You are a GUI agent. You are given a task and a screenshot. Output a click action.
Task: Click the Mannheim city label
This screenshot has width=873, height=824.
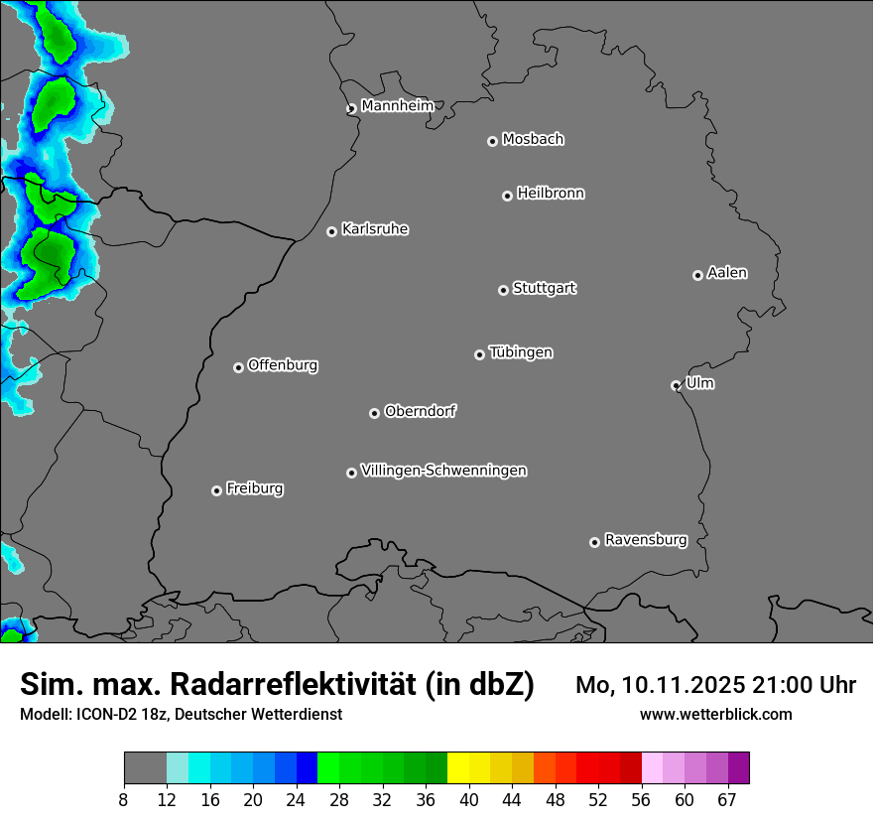tap(397, 105)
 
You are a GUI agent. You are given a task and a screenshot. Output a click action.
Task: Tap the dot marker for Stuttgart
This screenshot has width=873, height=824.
tap(503, 290)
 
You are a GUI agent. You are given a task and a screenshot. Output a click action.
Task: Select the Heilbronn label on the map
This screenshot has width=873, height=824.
tap(551, 193)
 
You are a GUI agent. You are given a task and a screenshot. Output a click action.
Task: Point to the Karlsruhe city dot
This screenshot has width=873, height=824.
tap(331, 231)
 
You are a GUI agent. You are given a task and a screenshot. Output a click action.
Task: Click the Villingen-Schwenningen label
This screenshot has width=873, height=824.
tap(443, 470)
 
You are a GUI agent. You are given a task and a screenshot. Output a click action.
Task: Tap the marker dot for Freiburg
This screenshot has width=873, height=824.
tap(216, 490)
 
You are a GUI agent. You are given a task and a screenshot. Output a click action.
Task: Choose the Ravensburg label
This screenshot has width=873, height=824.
tap(645, 540)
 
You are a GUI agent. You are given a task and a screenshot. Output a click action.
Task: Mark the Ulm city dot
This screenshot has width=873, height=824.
tap(676, 385)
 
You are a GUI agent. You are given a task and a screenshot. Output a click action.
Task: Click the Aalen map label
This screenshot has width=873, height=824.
tap(727, 272)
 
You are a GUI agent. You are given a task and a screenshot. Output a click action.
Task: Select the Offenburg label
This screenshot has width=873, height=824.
tap(283, 364)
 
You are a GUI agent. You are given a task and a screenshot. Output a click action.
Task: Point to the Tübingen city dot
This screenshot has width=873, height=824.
tap(479, 354)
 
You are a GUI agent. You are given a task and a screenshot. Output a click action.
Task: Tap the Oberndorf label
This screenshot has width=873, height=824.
tap(420, 410)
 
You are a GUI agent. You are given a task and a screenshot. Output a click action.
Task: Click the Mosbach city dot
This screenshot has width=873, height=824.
tap(492, 141)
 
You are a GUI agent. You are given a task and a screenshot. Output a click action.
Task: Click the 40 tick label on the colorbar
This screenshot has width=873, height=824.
tap(468, 800)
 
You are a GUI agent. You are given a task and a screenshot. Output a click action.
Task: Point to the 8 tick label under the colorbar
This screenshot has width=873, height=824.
tap(124, 800)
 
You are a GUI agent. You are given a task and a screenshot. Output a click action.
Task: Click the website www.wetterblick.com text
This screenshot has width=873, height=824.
tap(715, 714)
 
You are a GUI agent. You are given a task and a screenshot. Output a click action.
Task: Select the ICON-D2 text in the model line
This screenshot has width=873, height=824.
tap(102, 714)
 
